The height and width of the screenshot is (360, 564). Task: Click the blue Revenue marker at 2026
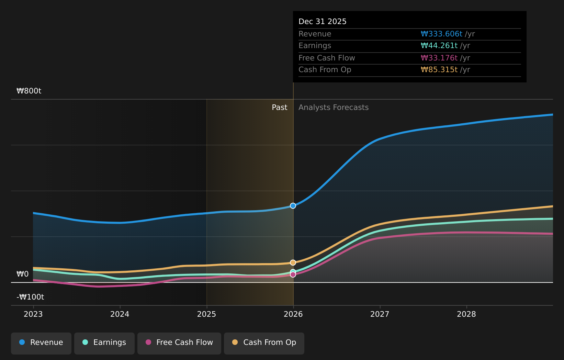click(x=293, y=206)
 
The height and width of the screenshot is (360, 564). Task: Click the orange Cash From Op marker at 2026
click(x=293, y=262)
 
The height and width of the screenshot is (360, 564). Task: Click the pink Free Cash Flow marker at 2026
click(x=293, y=275)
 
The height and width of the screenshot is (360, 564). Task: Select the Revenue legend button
click(x=41, y=342)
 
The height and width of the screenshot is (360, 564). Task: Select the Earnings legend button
click(x=104, y=342)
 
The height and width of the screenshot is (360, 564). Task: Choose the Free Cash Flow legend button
click(x=179, y=342)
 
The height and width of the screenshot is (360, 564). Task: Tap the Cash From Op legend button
click(x=264, y=342)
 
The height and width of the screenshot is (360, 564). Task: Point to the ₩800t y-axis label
click(x=29, y=91)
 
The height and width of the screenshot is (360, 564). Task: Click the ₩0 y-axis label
click(x=23, y=274)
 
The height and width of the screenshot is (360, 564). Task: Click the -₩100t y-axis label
click(x=30, y=297)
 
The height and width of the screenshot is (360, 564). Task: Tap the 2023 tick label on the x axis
click(x=33, y=314)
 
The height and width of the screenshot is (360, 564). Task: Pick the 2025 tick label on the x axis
click(x=206, y=314)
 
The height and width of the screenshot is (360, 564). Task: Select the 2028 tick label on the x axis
click(x=466, y=314)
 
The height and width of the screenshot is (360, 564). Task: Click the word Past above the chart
click(x=279, y=108)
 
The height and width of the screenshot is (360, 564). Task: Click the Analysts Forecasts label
click(x=333, y=108)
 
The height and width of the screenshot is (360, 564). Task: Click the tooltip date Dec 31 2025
click(x=322, y=22)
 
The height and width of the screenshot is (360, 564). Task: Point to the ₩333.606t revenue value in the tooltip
click(x=441, y=34)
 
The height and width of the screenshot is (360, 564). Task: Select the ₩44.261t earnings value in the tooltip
click(x=439, y=46)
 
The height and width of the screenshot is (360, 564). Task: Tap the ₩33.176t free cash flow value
click(x=439, y=58)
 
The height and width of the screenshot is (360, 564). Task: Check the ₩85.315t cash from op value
click(x=439, y=70)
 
